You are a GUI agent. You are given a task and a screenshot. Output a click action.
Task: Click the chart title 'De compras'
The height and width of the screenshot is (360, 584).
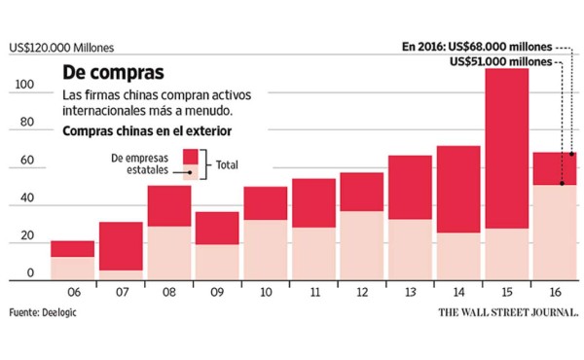(x=113, y=73)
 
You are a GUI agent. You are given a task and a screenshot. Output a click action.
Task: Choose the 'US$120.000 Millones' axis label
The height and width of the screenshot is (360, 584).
(x=62, y=47)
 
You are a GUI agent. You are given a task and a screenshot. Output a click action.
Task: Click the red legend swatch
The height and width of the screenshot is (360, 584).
(x=190, y=158)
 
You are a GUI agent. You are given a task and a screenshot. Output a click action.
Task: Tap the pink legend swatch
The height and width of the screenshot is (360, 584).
(x=190, y=172)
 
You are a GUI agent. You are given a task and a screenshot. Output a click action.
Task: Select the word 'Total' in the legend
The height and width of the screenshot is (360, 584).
(x=228, y=166)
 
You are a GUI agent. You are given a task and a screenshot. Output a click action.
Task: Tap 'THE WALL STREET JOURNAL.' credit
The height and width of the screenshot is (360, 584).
(x=507, y=313)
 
